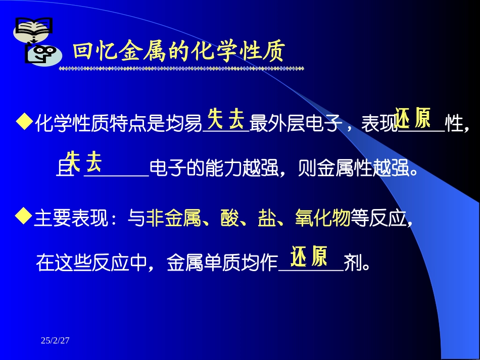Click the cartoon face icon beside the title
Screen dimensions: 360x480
(43, 55)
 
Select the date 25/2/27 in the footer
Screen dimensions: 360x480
(55, 341)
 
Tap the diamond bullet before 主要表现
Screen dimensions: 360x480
(24, 217)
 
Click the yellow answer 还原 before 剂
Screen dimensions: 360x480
(309, 256)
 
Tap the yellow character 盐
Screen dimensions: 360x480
(267, 220)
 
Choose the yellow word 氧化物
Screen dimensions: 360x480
(323, 220)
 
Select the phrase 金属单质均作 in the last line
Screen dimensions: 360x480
(222, 263)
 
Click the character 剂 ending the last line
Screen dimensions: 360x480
(351, 263)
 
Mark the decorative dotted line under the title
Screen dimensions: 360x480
(181, 68)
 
